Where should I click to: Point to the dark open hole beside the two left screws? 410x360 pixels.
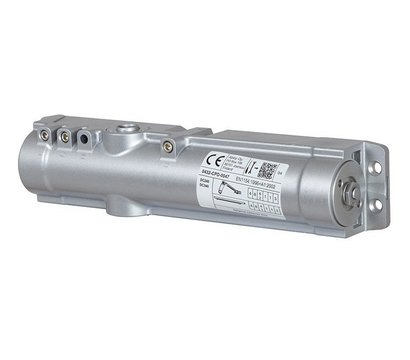coord(82,133)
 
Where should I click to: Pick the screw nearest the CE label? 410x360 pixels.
coord(169,146)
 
